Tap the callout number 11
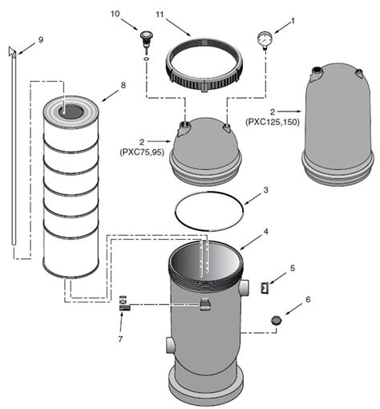click(160, 14)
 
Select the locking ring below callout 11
click(204, 65)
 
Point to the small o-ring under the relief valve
click(146, 58)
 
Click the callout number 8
click(123, 85)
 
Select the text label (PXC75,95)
click(142, 152)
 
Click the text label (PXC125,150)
click(273, 122)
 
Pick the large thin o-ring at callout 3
click(209, 211)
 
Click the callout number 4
click(265, 232)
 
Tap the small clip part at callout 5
click(265, 288)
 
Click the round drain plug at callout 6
click(277, 320)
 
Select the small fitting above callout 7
click(124, 303)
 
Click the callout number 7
click(120, 339)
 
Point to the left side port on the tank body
click(171, 345)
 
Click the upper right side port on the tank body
click(245, 288)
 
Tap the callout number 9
click(41, 40)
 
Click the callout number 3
click(265, 190)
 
